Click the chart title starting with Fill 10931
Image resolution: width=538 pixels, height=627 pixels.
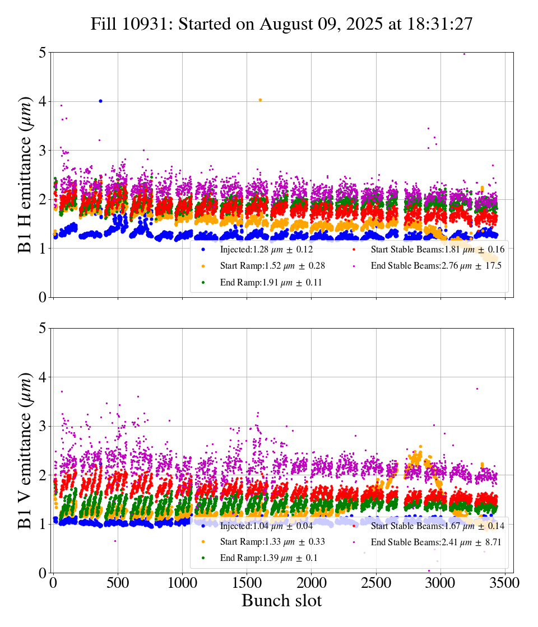[x=282, y=24]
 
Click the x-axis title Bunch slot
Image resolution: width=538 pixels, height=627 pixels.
[x=282, y=601]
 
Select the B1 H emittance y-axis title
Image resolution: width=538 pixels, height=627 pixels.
[x=25, y=175]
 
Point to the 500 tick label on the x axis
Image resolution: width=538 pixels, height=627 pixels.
[x=118, y=583]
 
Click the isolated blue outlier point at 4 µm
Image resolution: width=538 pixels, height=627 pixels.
[x=100, y=101]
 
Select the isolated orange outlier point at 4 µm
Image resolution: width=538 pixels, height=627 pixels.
[x=260, y=100]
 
